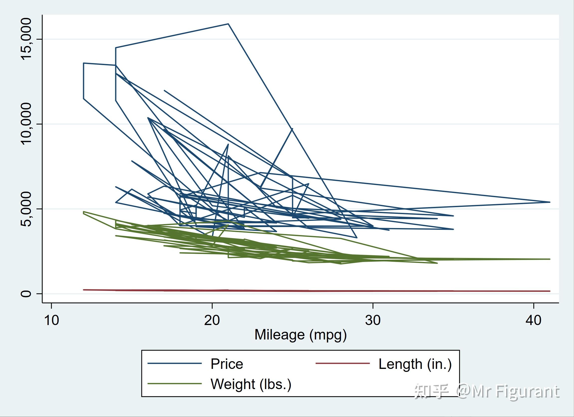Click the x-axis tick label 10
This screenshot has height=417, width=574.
51,320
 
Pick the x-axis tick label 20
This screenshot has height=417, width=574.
212,320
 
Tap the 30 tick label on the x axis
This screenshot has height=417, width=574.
373,320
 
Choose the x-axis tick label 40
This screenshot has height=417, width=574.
534,320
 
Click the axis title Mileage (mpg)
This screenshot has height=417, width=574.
300,335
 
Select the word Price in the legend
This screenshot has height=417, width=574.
227,364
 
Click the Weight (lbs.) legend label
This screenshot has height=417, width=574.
251,384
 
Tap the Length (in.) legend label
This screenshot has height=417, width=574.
415,364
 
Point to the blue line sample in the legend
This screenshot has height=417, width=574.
175,364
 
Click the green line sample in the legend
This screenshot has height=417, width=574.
175,384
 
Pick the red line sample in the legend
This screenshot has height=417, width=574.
343,364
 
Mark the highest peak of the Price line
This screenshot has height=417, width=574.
228,24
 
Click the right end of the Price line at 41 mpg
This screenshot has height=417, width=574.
550,202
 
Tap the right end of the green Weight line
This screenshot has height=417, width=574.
550,259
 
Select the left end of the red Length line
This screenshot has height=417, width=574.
84,290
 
